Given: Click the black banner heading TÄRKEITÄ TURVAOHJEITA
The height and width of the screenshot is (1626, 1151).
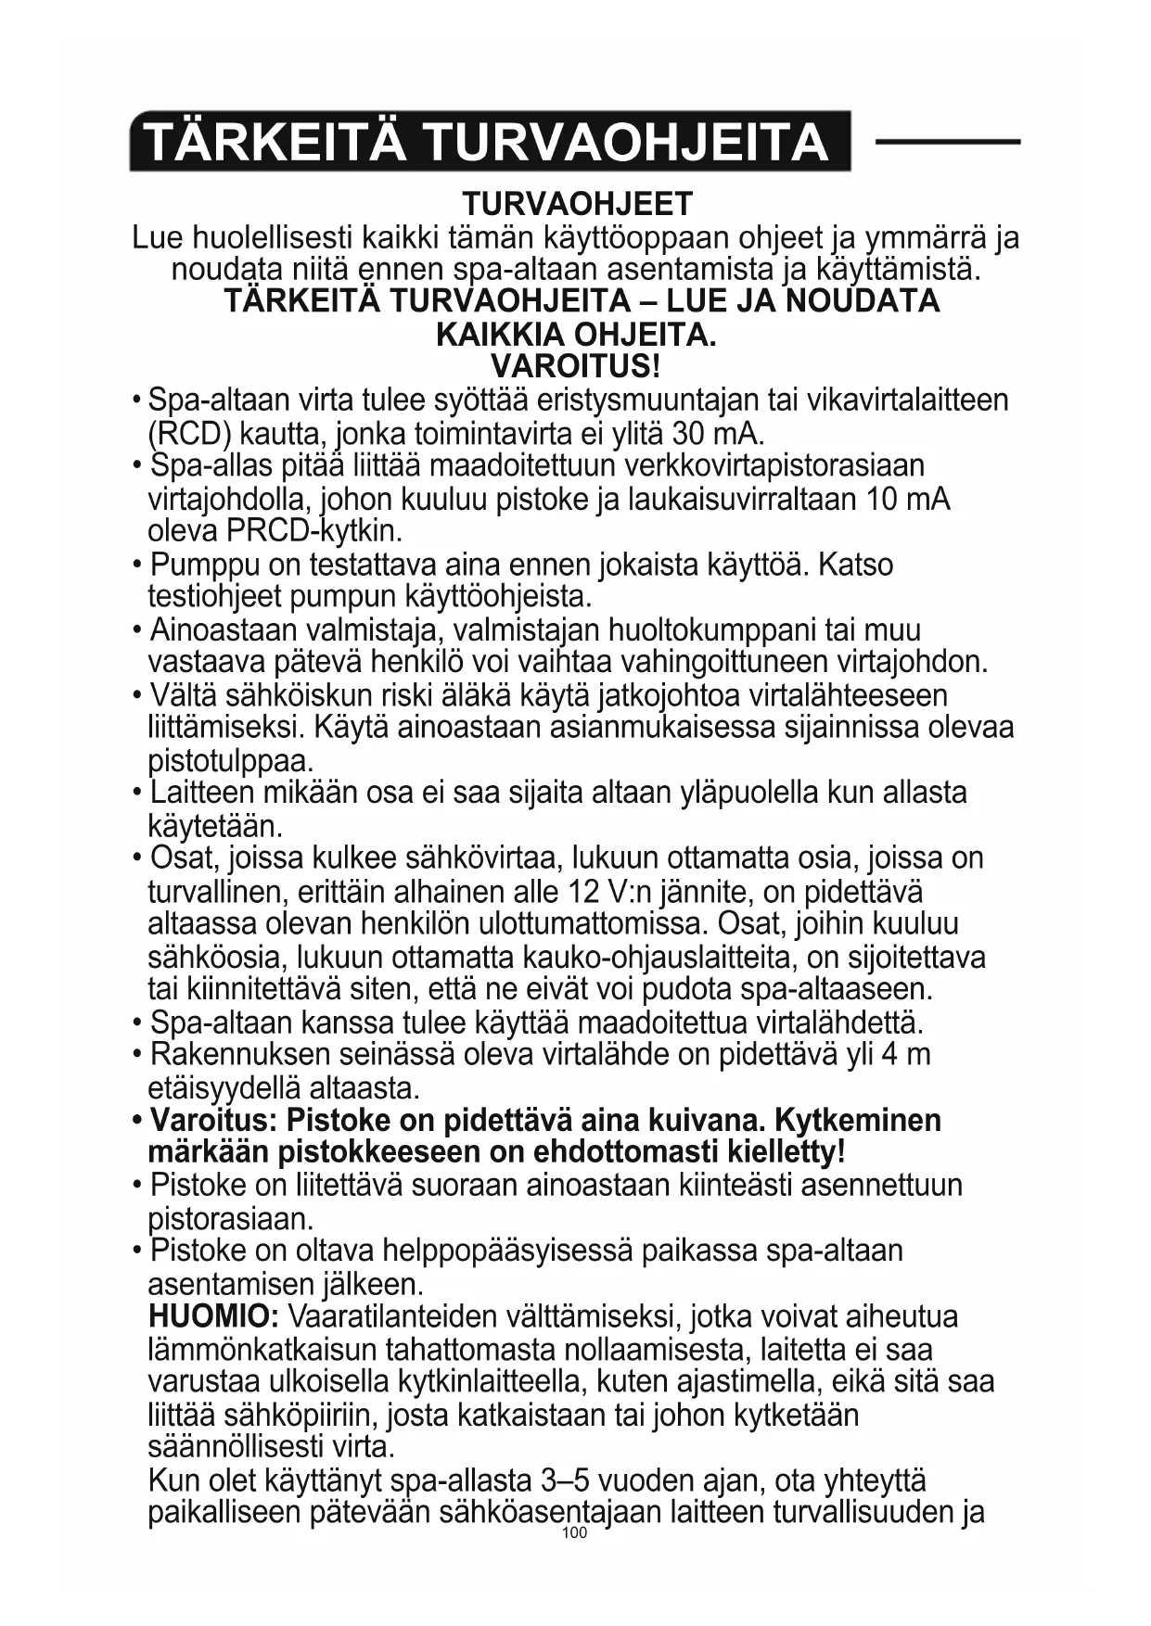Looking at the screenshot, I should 489,142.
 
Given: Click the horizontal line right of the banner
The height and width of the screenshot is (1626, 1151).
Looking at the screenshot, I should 947,142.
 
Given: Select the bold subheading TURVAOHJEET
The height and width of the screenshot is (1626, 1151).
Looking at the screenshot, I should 577,204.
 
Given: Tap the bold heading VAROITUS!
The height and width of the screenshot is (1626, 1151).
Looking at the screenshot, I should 576,365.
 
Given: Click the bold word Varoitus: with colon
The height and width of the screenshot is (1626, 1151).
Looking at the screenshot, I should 213,1120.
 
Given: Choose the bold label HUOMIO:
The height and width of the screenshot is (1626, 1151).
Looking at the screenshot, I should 213,1316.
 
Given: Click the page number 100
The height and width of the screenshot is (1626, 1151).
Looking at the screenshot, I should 575,1533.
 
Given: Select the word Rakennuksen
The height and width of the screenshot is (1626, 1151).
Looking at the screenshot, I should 240,1055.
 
